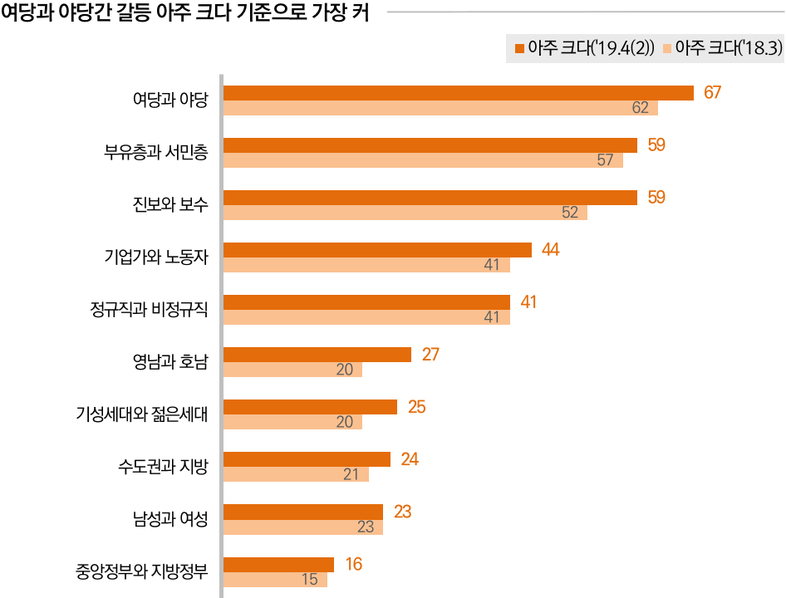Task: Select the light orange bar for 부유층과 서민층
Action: [x=423, y=160]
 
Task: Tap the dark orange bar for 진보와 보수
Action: [x=430, y=198]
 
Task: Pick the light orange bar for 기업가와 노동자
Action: [x=366, y=265]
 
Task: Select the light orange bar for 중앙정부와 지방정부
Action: [x=275, y=580]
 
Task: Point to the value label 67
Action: [x=712, y=92]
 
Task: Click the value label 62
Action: [x=640, y=108]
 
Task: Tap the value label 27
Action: [x=430, y=355]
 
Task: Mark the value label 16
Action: [x=353, y=565]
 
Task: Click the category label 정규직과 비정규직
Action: [x=149, y=310]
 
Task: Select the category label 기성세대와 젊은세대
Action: [x=141, y=414]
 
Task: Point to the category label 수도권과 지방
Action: [x=163, y=467]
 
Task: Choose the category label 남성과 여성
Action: [x=169, y=519]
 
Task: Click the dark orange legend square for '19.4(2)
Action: [x=519, y=48]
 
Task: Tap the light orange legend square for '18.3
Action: [x=667, y=48]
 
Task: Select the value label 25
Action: [x=416, y=407]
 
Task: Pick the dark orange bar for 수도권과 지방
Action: [x=307, y=459]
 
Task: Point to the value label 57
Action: [x=605, y=160]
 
